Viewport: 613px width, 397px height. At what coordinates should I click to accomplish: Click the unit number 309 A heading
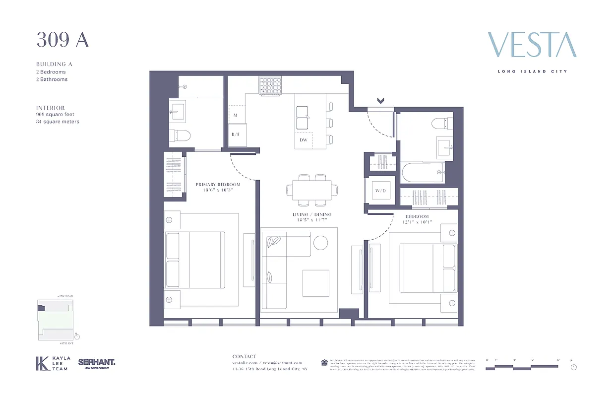62,40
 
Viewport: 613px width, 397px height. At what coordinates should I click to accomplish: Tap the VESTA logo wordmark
532,45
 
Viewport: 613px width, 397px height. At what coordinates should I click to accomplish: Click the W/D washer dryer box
380,191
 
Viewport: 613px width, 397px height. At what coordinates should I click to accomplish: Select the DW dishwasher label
304,140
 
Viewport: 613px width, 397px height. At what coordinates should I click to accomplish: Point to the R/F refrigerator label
236,134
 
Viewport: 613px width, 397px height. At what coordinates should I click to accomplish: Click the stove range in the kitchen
270,85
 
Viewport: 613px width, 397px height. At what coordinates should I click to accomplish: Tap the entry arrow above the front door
380,101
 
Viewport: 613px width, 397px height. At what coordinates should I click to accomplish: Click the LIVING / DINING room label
312,214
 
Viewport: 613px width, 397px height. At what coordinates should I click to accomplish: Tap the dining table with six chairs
312,189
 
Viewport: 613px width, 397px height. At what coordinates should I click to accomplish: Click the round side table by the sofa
320,243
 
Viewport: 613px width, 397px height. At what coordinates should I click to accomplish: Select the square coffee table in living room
316,283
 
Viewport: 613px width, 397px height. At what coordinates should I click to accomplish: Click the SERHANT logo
97,363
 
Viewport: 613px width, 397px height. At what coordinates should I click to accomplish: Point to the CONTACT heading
245,356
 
